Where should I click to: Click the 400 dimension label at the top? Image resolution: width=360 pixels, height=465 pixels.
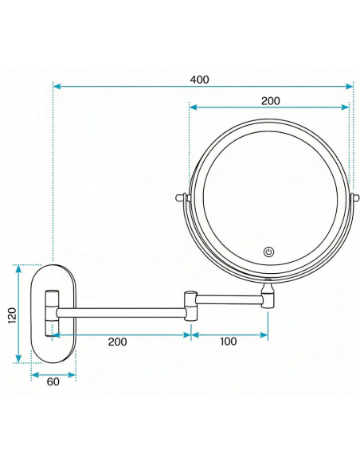[199, 80]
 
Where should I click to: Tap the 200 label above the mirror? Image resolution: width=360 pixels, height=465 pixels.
[270, 101]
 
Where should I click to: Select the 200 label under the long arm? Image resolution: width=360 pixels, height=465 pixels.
[117, 342]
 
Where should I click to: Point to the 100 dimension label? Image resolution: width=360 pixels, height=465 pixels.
[228, 342]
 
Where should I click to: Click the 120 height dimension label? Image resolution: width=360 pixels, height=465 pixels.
[13, 315]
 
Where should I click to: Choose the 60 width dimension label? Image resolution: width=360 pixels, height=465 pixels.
[53, 381]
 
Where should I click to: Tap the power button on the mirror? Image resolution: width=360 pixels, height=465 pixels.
[268, 252]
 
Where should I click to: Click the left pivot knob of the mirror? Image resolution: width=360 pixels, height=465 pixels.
[181, 197]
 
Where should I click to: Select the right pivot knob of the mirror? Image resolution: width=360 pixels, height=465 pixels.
[354, 197]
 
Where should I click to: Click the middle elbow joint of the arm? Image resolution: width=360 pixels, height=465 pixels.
[190, 307]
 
